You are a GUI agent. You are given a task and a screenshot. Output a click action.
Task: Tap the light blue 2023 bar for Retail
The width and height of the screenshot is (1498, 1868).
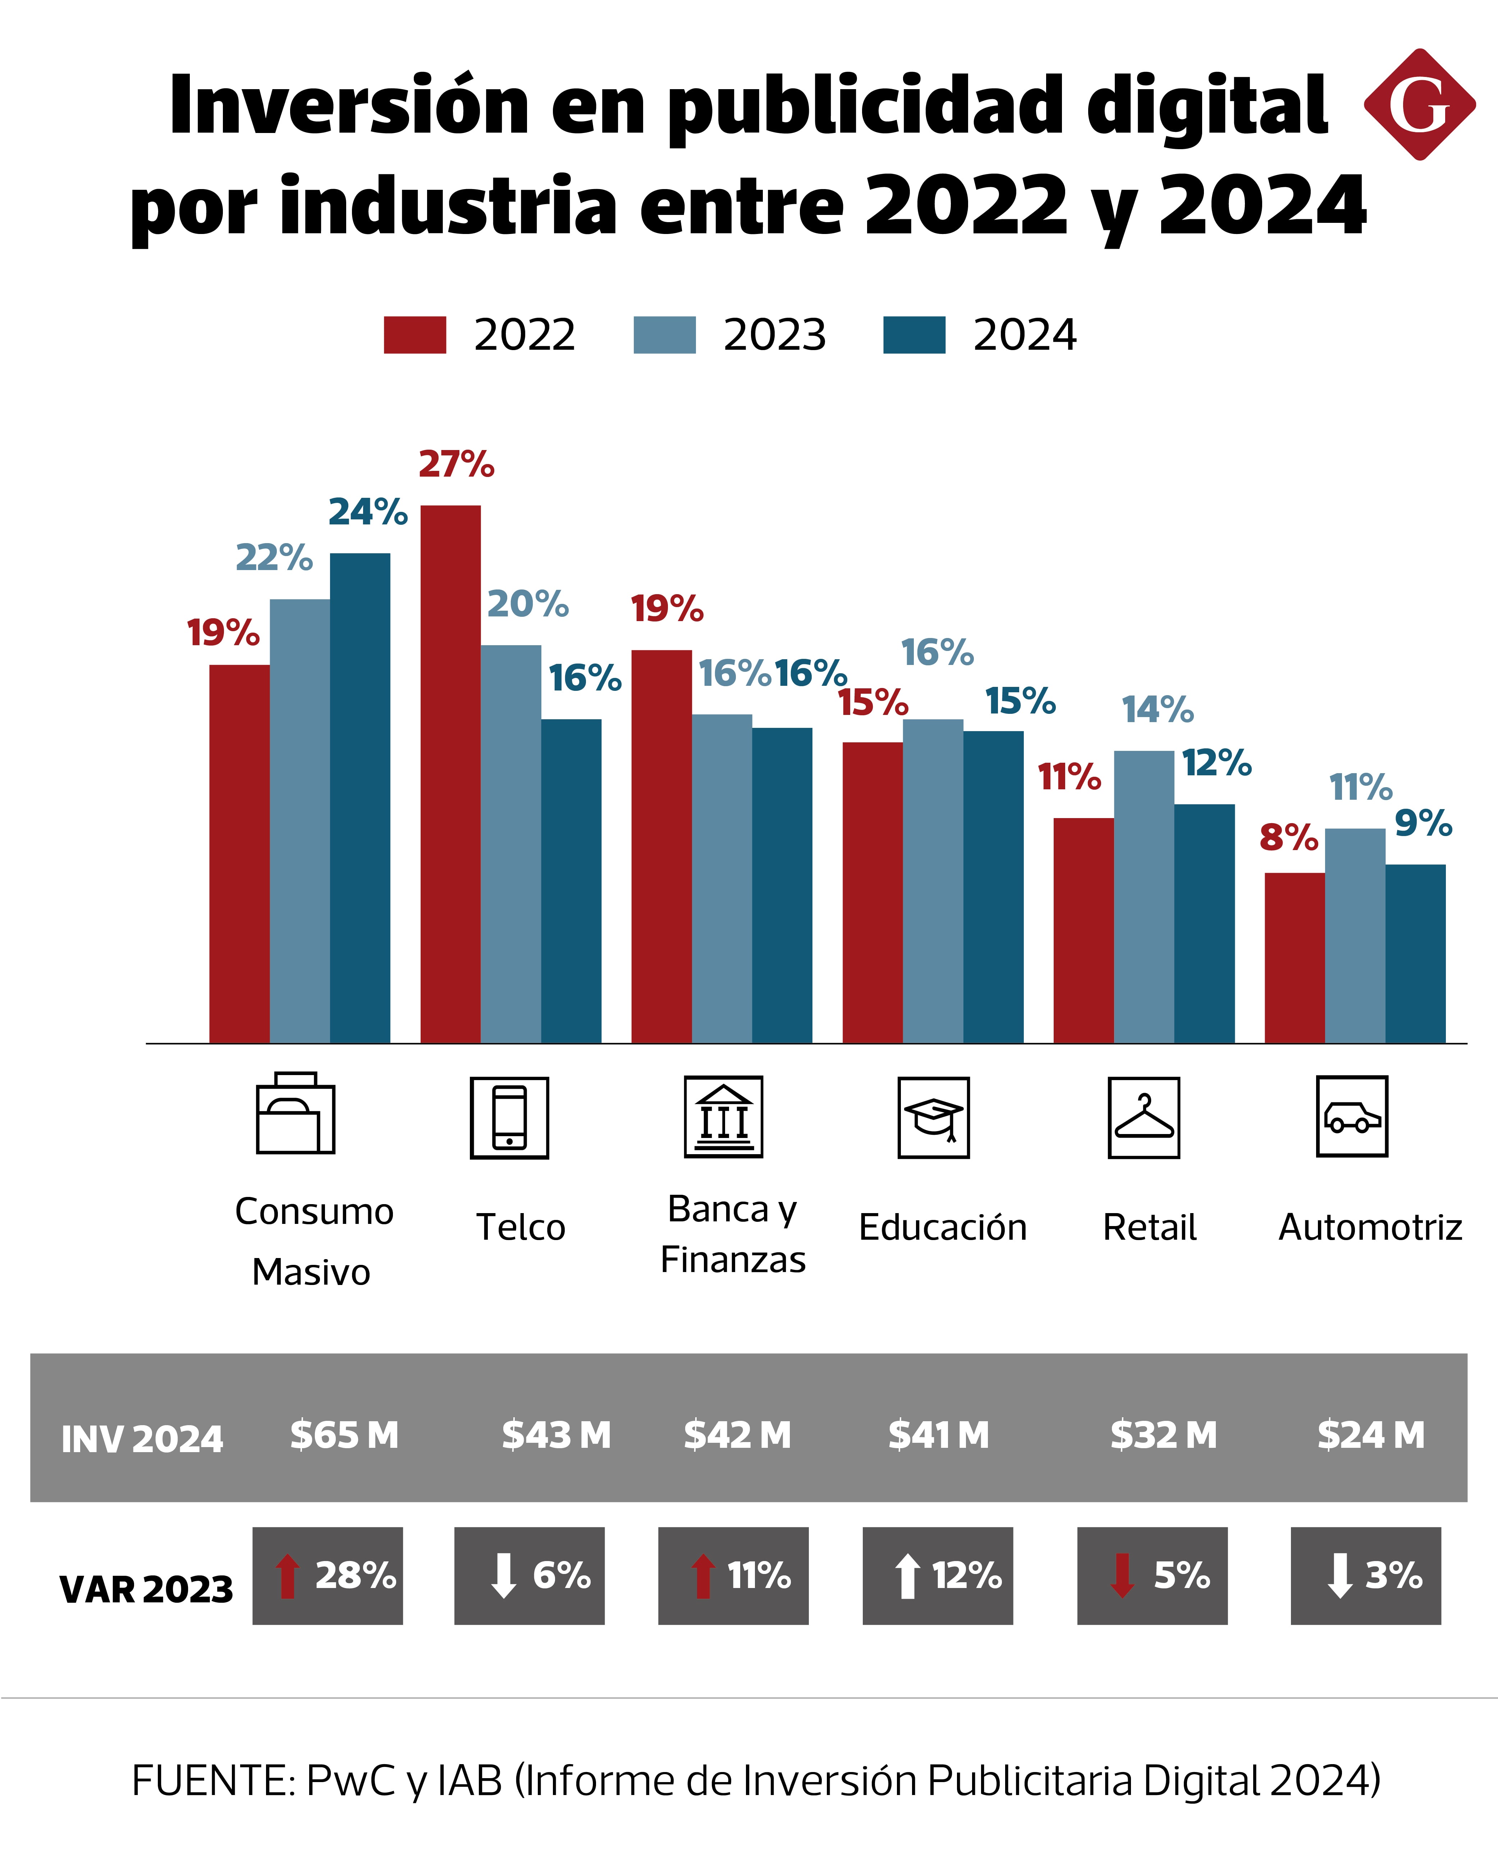click(x=1144, y=897)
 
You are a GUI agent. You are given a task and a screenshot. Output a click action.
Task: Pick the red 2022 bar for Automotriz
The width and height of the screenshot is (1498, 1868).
click(x=1295, y=958)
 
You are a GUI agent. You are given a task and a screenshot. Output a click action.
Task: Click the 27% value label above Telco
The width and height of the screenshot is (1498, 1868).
click(x=457, y=465)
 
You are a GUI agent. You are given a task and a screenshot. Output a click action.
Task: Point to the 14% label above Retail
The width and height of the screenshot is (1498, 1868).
click(x=1158, y=711)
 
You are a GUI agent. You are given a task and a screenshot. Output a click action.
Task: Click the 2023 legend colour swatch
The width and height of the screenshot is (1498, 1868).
click(x=665, y=335)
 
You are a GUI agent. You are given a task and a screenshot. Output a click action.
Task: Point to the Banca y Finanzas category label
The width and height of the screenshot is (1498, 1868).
click(x=733, y=1234)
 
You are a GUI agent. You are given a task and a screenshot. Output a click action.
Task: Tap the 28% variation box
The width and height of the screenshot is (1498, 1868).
click(x=327, y=1576)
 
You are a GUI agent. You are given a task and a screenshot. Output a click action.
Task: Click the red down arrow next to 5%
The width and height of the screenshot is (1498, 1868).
click(x=1122, y=1576)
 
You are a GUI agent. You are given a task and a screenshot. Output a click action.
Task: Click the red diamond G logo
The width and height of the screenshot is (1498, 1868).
click(x=1419, y=105)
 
